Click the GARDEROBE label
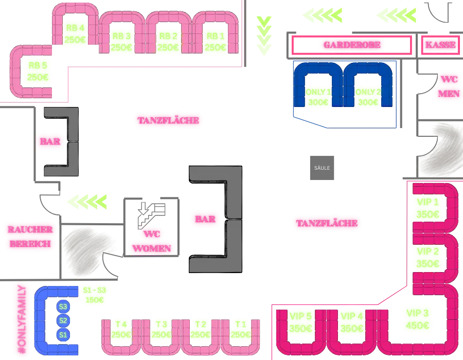pos(352,45)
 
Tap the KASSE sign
pos(440,45)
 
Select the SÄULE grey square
pos(323,167)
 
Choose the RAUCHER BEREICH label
pos(30,237)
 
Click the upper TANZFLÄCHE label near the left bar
pos(168,121)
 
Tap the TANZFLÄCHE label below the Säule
pos(327,223)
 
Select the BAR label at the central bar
pos(205,219)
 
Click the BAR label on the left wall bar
pos(50,141)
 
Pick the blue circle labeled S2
pos(63,320)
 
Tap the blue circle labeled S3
pos(63,307)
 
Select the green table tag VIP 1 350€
pos(427,208)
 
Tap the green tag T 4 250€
pos(121,329)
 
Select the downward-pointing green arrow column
pos(263,35)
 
